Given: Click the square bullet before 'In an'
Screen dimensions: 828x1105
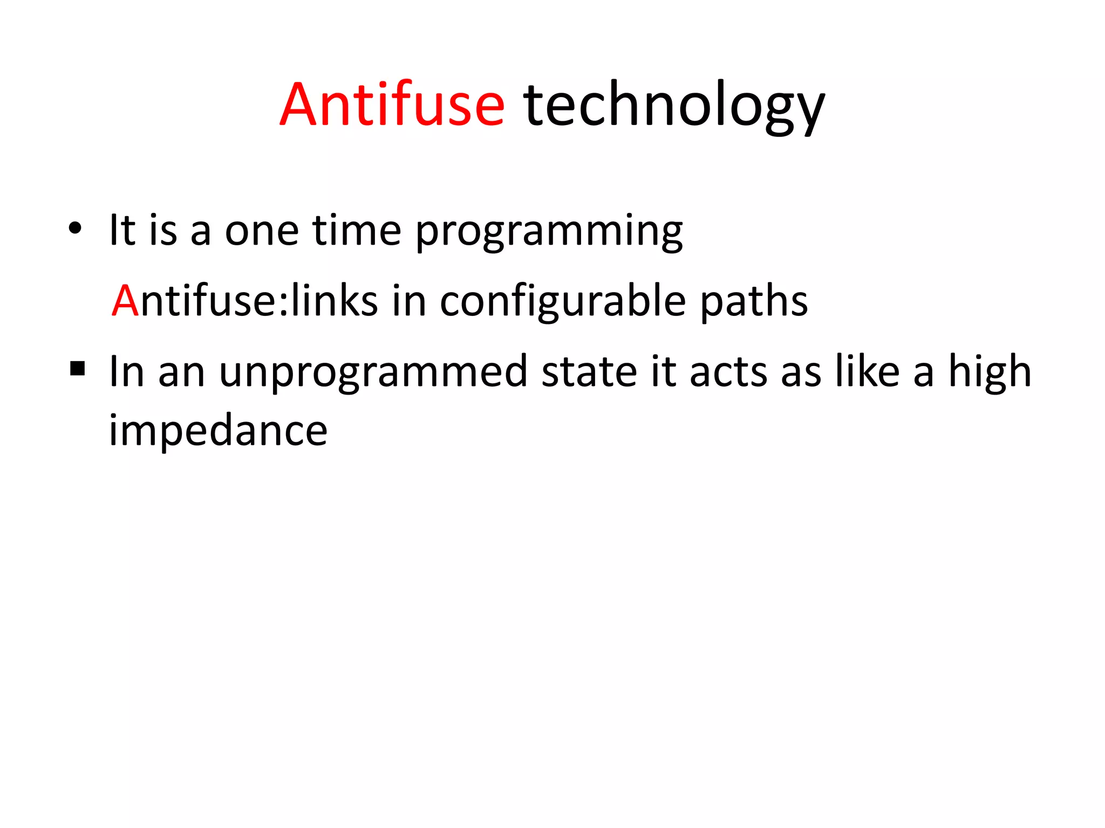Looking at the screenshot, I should pos(78,369).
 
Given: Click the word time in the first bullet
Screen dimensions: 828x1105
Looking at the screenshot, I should pos(357,230).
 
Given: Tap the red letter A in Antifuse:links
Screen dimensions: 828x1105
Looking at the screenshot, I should pos(125,301).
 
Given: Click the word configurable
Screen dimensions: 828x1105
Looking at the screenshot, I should pos(563,302).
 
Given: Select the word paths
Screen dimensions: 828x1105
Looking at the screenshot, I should pos(754,302).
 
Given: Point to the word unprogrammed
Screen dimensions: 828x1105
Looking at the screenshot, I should pos(373,373).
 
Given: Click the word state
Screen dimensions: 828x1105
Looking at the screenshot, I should pos(589,372).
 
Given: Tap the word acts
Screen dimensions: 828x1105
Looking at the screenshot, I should pos(728,372).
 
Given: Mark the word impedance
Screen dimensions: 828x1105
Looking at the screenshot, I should pos(218,431).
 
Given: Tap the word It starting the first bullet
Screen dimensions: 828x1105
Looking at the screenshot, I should pos(122,230).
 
